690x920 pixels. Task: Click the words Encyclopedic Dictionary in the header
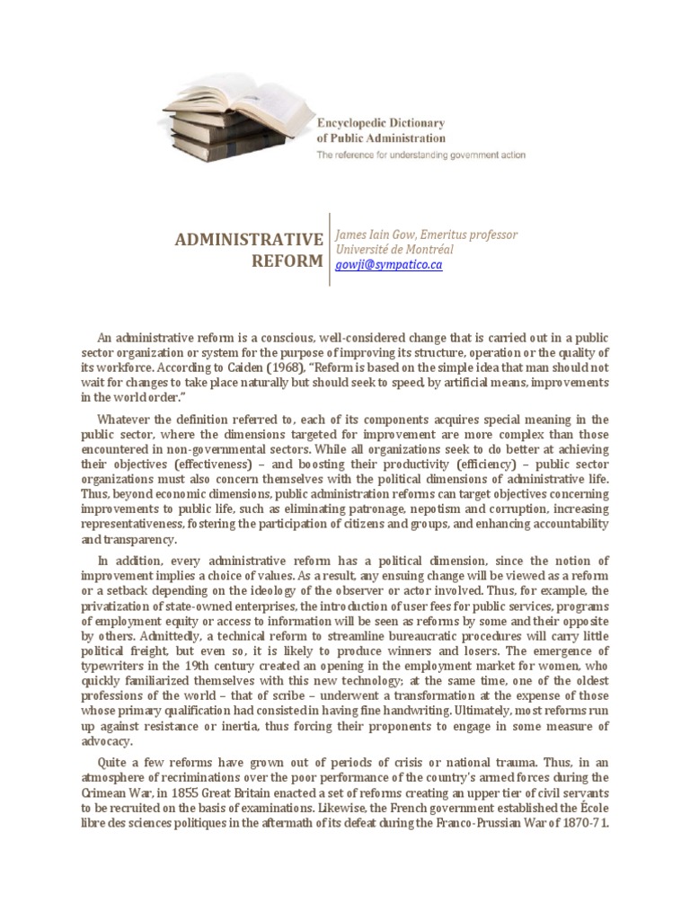pyautogui.click(x=380, y=122)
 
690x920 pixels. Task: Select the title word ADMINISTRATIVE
pyautogui.click(x=247, y=239)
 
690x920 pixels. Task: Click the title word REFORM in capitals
pyautogui.click(x=287, y=261)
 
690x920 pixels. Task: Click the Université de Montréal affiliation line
pyautogui.click(x=394, y=250)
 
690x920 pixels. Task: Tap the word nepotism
pyautogui.click(x=414, y=508)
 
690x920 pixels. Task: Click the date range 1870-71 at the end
pyautogui.click(x=587, y=824)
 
